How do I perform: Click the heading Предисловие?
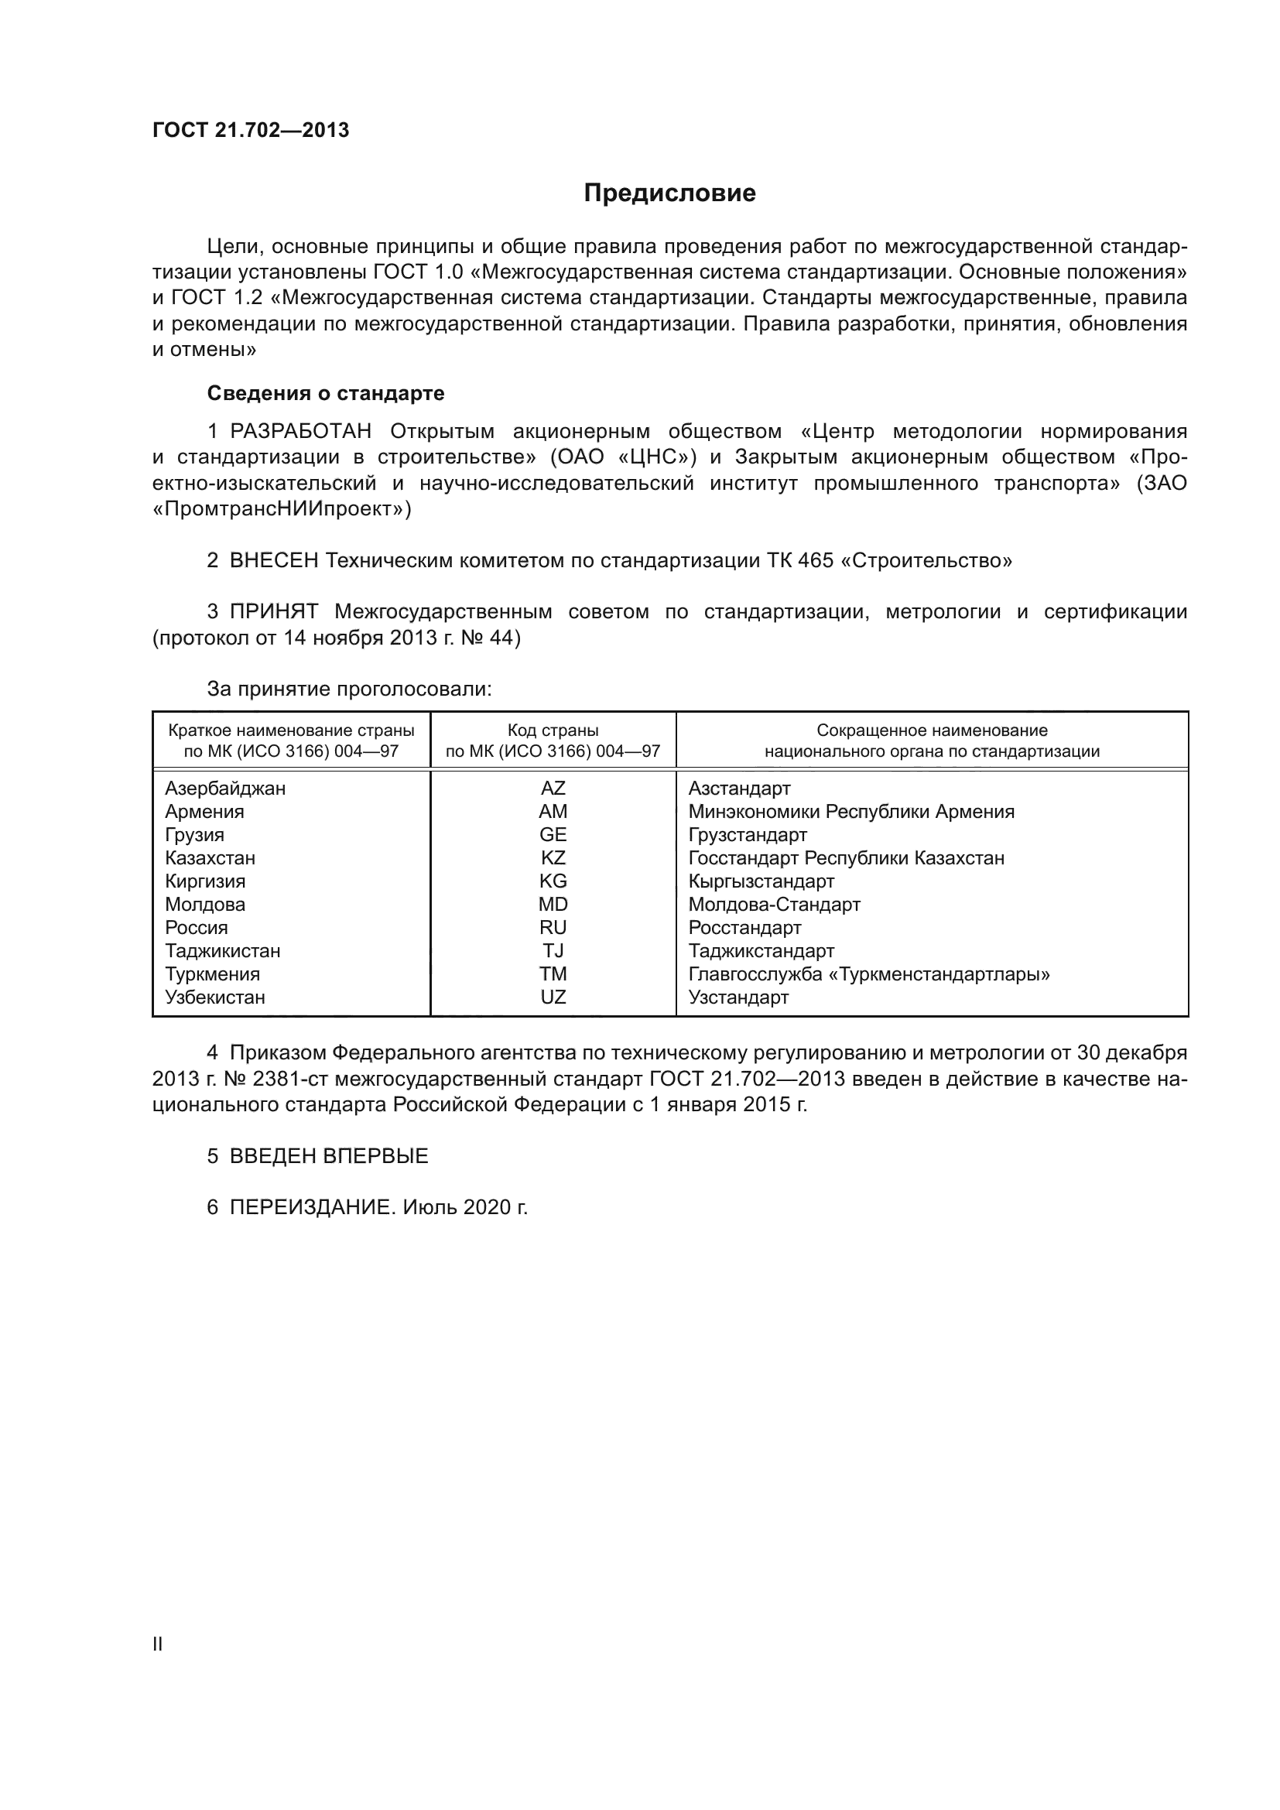(669, 193)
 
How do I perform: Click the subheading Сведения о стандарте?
(326, 392)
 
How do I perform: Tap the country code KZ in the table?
(553, 857)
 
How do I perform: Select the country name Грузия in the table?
(195, 835)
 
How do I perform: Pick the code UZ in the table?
(553, 997)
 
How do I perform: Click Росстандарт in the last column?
(744, 928)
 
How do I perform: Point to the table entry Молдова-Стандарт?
(774, 904)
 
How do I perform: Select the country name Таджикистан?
(222, 951)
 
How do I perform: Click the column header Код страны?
(553, 731)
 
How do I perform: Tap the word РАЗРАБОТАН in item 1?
(300, 431)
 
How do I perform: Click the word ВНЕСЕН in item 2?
(274, 560)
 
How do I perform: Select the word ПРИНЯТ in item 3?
(273, 612)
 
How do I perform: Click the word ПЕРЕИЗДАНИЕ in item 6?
(311, 1207)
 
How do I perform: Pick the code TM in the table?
(553, 974)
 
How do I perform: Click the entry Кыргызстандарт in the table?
(761, 881)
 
